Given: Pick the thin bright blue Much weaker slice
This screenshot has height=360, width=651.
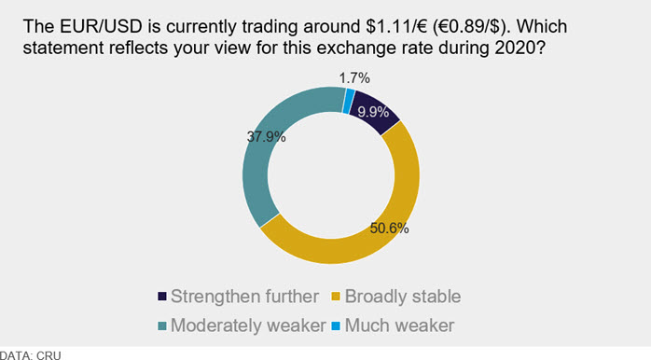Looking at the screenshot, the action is (x=349, y=101).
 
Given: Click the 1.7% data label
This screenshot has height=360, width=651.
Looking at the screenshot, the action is (x=354, y=78).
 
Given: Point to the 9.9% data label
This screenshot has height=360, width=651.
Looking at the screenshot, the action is (x=373, y=112).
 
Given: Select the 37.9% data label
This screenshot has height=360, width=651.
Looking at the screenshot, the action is (x=266, y=136).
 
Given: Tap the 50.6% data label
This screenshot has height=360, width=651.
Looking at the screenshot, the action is (x=389, y=228).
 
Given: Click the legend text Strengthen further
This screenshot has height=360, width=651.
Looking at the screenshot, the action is (x=244, y=297).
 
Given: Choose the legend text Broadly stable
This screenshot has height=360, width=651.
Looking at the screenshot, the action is (x=403, y=297).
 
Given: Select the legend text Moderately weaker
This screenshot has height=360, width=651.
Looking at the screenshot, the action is (x=248, y=325).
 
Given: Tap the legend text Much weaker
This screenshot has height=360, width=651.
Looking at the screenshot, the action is (x=399, y=325).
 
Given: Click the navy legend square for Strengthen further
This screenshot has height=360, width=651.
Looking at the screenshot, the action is (x=162, y=297).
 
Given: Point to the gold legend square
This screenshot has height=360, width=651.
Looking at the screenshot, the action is (x=336, y=297).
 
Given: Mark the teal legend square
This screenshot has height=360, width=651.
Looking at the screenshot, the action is (x=162, y=325).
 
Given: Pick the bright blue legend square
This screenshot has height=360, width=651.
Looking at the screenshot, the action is (x=336, y=325).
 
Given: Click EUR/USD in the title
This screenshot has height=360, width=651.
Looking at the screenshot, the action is (x=102, y=26).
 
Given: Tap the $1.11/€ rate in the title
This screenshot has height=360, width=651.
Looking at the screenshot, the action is (x=397, y=26).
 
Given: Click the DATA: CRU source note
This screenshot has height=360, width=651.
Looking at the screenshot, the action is (x=30, y=355).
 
